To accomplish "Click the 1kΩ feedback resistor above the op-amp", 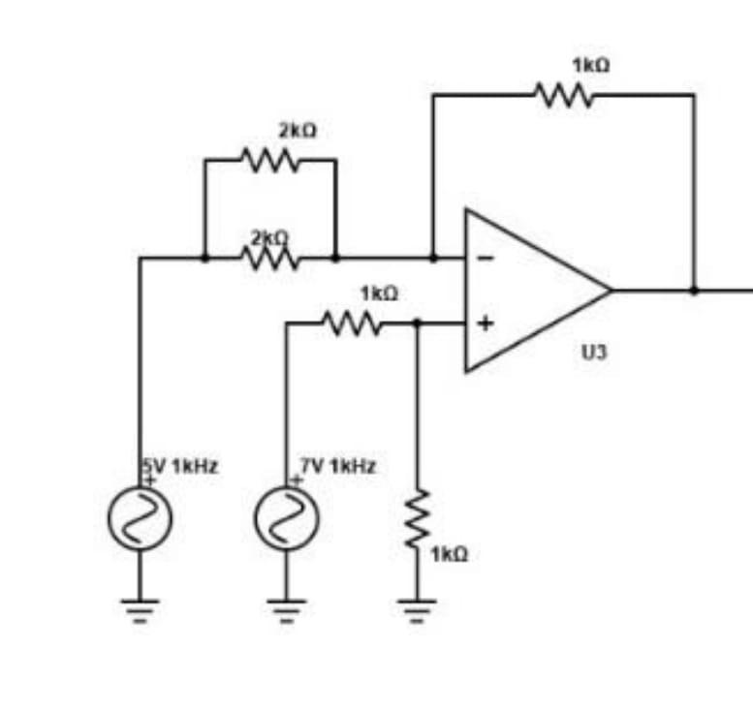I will coord(562,95).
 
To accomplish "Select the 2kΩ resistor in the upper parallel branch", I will coord(269,160).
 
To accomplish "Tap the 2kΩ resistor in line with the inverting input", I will coord(269,259).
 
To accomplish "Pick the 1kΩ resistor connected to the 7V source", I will coord(351,324).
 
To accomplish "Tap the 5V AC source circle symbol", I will coord(140,517).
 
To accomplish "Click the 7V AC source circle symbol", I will coord(286,517).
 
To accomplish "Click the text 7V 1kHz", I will coord(336,466).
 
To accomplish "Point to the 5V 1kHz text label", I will coord(181,466).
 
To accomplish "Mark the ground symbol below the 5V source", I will coord(140,609).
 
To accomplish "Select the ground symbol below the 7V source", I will coord(286,609).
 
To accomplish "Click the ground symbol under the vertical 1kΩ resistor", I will coord(419,609).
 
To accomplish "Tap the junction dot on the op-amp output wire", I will coord(694,289).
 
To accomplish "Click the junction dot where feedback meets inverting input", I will coord(433,259).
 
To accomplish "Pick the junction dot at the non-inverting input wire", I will coord(419,324).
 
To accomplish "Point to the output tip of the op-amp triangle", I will coord(611,289).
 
